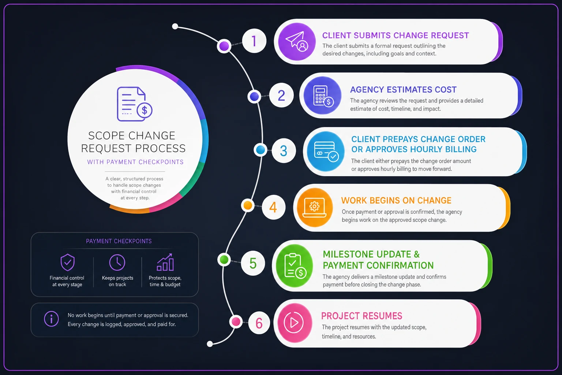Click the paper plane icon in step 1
[297, 41]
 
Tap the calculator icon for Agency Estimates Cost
[323, 96]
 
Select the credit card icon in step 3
[326, 151]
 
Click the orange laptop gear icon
[315, 208]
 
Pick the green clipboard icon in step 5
[295, 266]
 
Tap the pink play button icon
[295, 323]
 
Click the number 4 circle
[273, 207]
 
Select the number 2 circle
[281, 96]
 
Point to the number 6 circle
[259, 323]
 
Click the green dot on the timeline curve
[224, 260]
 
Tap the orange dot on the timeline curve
[248, 205]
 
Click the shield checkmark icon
[67, 262]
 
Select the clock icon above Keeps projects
[117, 263]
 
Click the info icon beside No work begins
[52, 319]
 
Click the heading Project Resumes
[361, 316]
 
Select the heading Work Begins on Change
[396, 200]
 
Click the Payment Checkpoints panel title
[119, 241]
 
